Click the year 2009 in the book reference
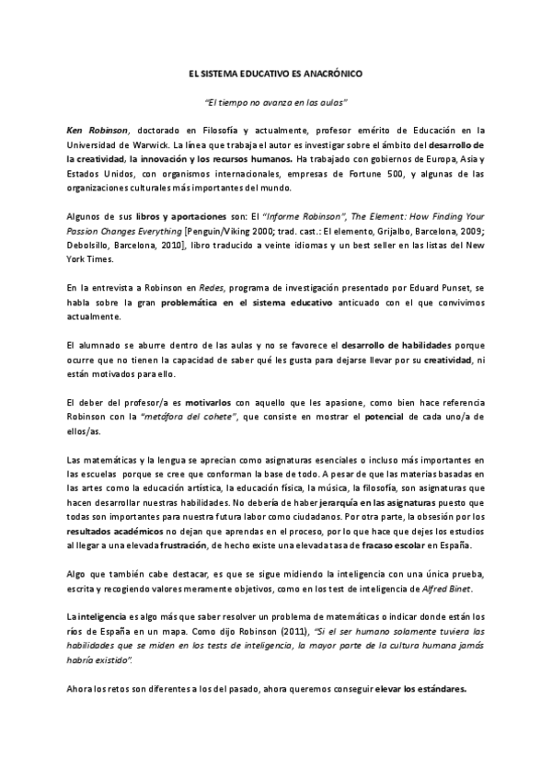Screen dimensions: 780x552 pos(468,233)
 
